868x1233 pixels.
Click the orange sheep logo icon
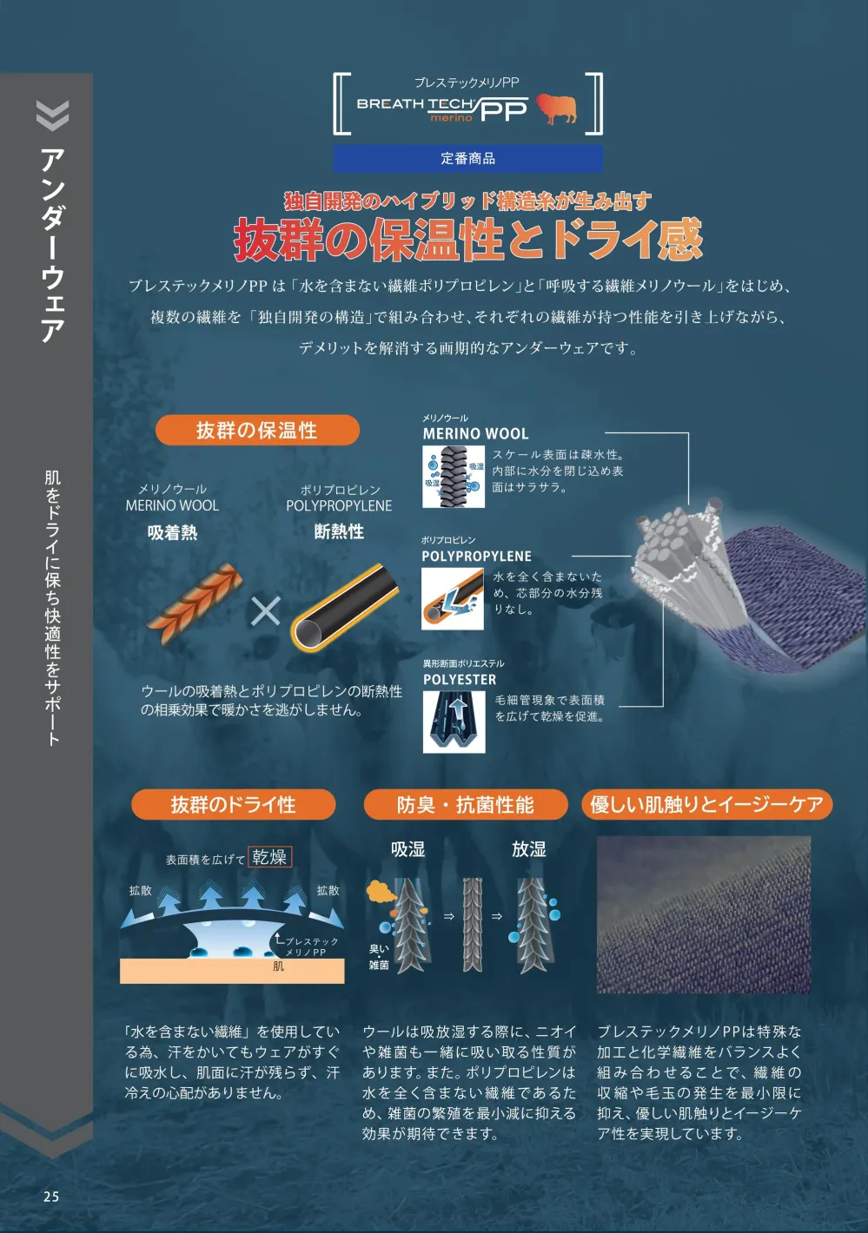[556, 108]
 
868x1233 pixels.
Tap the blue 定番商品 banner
[467, 159]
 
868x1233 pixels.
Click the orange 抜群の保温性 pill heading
[257, 430]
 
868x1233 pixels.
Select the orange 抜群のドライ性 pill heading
[233, 804]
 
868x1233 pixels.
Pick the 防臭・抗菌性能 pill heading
[466, 804]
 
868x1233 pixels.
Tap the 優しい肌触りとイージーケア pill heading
[706, 804]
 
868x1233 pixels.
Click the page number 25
[51, 1197]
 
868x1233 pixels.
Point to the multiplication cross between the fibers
[266, 611]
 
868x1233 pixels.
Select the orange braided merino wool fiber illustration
[195, 603]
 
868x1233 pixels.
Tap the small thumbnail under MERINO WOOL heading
[454, 477]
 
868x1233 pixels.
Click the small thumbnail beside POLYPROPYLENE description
[452, 599]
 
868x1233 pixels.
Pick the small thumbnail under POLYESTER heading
[454, 722]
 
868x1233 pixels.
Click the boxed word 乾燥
[269, 856]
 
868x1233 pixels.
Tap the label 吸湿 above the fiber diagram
[408, 849]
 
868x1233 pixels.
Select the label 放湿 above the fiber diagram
[529, 849]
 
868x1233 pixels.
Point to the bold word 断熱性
[339, 531]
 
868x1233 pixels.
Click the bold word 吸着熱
[172, 532]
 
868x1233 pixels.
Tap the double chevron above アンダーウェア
[53, 115]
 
